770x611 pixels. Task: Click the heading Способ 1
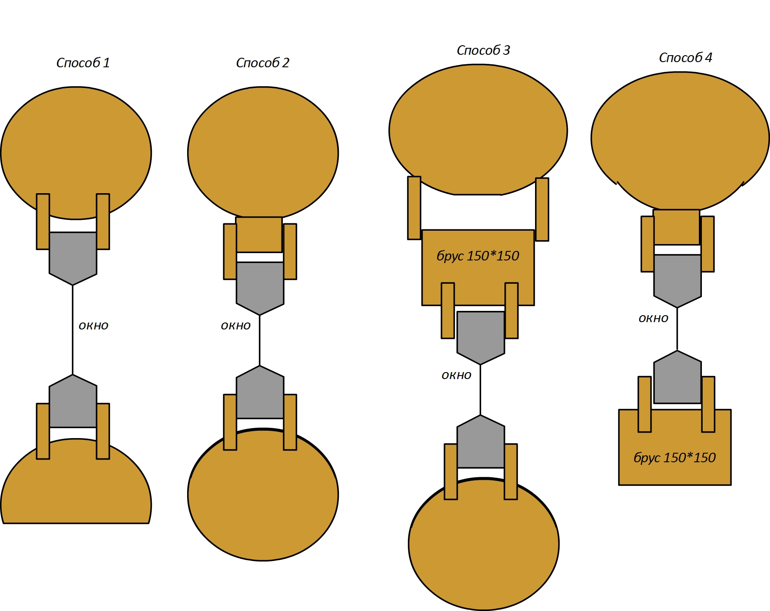(83, 63)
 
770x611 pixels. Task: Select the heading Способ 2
(263, 63)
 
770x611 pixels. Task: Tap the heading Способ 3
(483, 50)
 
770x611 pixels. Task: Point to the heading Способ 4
(685, 58)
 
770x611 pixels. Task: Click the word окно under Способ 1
(94, 326)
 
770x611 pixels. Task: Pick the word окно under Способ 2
(236, 326)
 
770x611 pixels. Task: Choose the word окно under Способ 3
(457, 375)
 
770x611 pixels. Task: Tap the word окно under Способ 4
(654, 318)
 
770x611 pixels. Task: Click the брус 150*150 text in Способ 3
(478, 256)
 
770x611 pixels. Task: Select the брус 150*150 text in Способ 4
(675, 457)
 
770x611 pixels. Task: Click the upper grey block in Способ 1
(73, 258)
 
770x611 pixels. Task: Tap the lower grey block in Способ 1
(73, 401)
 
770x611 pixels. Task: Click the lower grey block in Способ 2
(260, 392)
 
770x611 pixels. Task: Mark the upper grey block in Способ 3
(481, 337)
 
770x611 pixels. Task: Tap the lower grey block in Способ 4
(677, 377)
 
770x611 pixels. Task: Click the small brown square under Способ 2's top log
(259, 235)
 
